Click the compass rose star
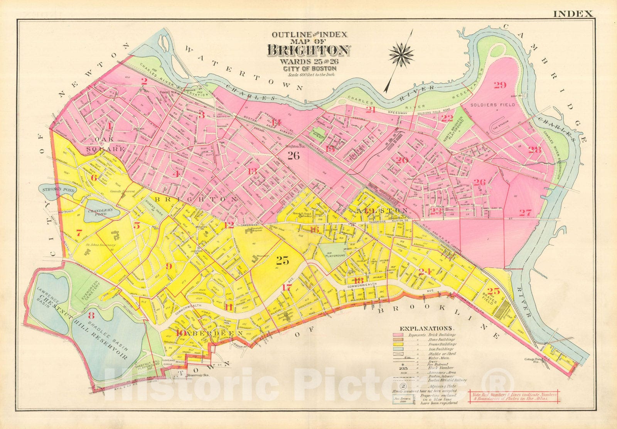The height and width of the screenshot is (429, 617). [x=401, y=54]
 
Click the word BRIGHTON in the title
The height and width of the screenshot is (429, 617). [x=308, y=51]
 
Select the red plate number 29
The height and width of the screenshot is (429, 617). [x=500, y=85]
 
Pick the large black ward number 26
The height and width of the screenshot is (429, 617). [x=293, y=155]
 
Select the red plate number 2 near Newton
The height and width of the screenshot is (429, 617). [x=144, y=81]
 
